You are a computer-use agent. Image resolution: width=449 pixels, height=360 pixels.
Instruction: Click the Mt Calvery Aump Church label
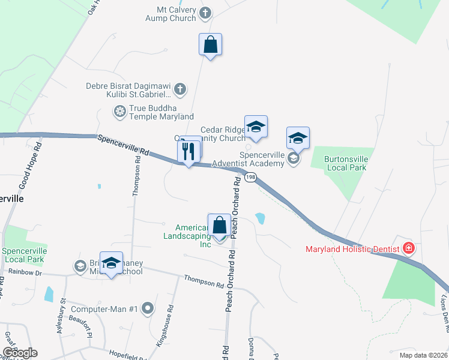[x=170, y=14]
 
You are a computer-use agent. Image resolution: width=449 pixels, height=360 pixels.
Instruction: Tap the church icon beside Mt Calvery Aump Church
[x=205, y=13]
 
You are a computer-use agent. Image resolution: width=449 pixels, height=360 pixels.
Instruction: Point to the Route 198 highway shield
[x=250, y=177]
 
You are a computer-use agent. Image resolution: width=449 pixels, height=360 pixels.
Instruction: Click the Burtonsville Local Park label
[x=346, y=163]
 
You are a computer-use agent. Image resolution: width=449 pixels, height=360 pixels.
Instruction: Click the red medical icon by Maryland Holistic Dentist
[x=409, y=247]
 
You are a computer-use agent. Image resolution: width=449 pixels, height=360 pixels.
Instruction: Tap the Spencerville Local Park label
[x=23, y=255]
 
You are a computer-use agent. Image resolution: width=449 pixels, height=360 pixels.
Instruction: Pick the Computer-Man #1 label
[x=105, y=310]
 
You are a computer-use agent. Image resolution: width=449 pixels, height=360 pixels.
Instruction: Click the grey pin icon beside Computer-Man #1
[x=148, y=310]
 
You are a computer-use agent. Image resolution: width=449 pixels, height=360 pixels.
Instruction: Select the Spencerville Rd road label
[x=122, y=144]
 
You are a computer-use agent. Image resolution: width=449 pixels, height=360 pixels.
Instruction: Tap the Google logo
[x=19, y=353]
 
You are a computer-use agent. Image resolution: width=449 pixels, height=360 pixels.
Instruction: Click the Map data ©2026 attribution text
[x=422, y=355]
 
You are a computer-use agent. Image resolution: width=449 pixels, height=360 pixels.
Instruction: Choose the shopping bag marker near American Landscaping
[x=220, y=226]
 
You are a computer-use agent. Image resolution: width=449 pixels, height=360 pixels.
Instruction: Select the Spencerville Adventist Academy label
[x=262, y=159]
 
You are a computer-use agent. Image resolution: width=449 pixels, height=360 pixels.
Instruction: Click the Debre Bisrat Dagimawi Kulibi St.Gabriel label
[x=128, y=90]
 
